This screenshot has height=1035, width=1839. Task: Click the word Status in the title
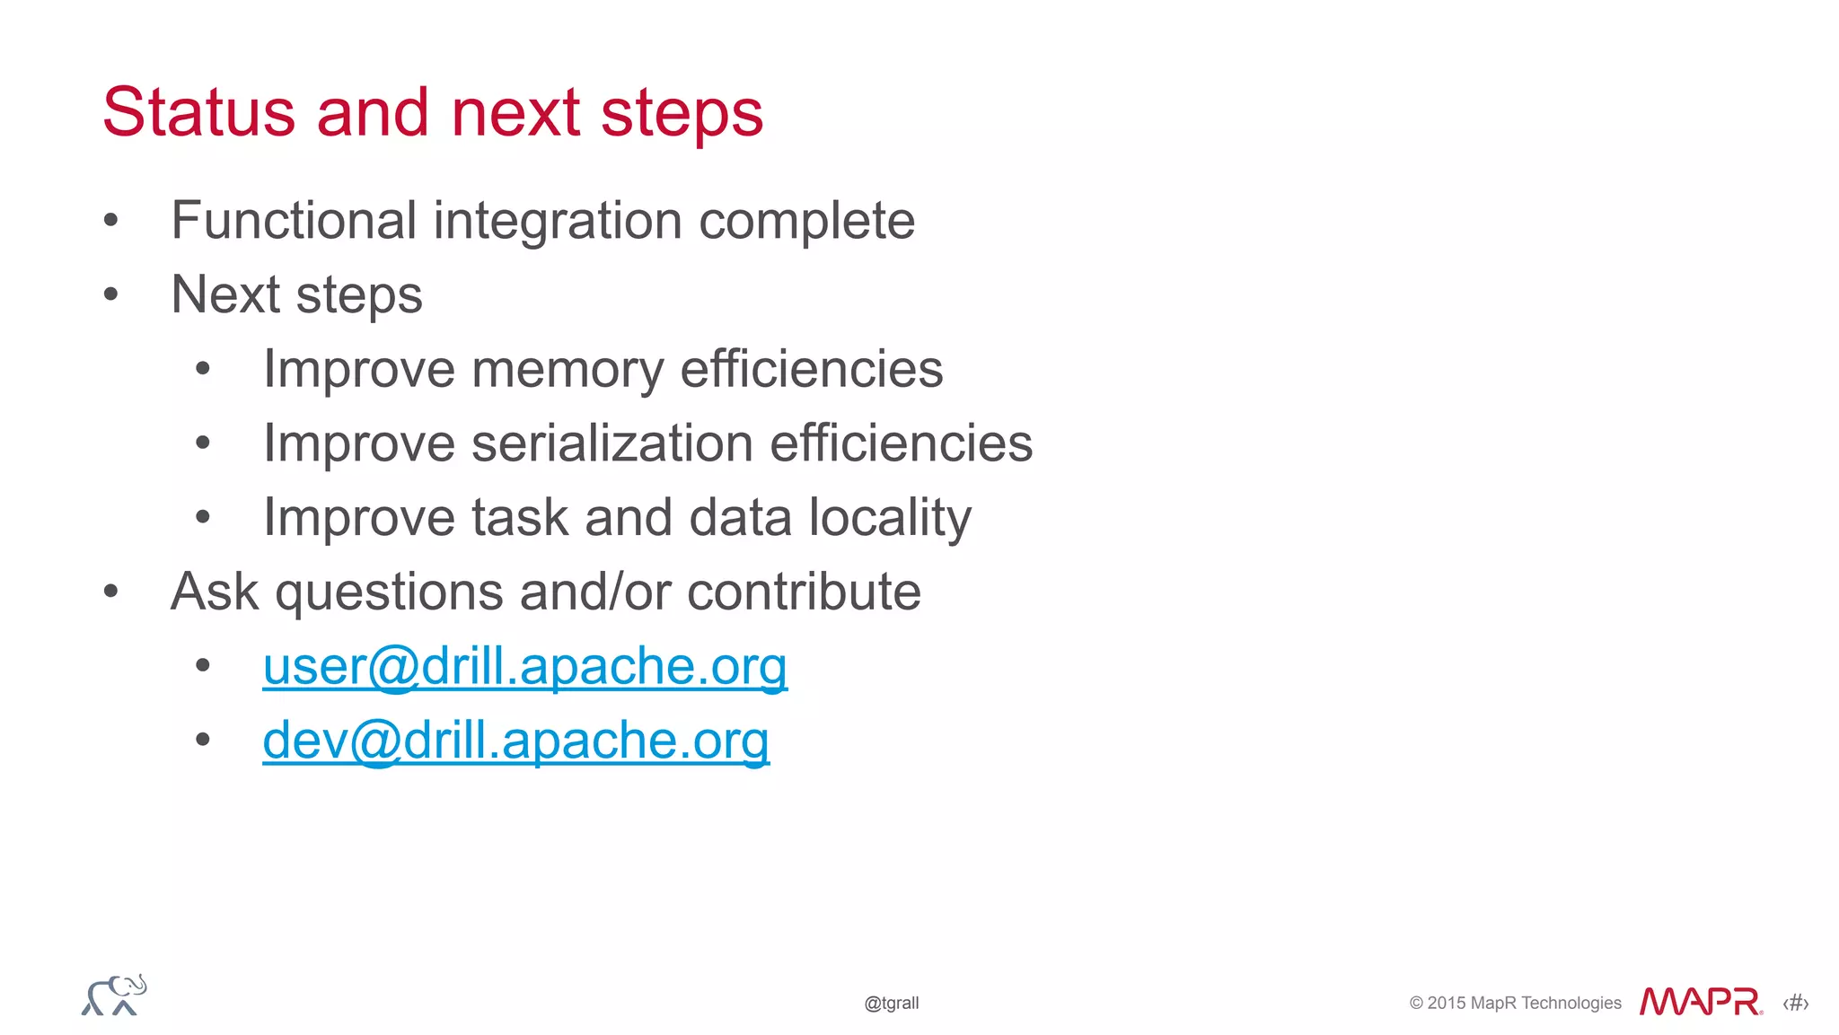click(x=198, y=112)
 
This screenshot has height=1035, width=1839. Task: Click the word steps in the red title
click(x=682, y=114)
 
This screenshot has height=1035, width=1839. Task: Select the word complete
click(x=806, y=222)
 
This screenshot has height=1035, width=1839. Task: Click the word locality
click(x=890, y=518)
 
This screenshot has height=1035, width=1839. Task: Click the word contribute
click(x=804, y=592)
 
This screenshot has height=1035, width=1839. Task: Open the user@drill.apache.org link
click(x=524, y=667)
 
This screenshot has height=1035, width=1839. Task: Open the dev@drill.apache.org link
click(x=515, y=741)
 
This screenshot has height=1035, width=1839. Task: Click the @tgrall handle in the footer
click(x=891, y=1003)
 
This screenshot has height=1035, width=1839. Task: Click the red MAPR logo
click(x=1700, y=1001)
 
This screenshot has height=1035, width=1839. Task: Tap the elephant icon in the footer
click(x=114, y=996)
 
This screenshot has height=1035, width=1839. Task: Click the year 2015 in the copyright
click(x=1446, y=1003)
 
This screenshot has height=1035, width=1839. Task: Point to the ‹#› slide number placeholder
click(x=1795, y=1003)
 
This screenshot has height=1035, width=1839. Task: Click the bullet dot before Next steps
click(x=110, y=294)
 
